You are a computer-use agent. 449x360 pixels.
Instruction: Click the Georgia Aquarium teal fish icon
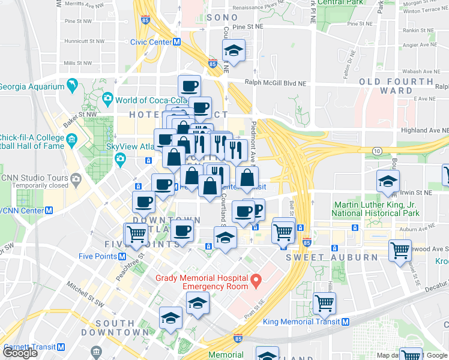[x=72, y=86]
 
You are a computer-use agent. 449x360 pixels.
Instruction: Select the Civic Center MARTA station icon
[x=177, y=42]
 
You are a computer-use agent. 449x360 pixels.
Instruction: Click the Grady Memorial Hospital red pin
[x=256, y=280]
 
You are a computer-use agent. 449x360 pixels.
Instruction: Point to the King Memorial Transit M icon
[x=345, y=322]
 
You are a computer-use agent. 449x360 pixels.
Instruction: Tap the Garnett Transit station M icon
[x=61, y=347]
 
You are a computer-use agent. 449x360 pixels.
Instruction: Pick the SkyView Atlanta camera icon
[x=121, y=159]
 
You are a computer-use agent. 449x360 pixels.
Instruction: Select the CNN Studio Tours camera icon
[x=76, y=178]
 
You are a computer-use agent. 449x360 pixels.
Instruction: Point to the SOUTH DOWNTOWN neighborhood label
[x=115, y=328]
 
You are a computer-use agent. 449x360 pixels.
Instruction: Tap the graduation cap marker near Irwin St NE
[x=388, y=181]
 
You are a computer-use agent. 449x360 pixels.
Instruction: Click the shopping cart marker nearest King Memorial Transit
[x=324, y=304]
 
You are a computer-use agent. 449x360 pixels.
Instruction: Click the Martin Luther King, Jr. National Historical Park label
[x=376, y=209]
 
